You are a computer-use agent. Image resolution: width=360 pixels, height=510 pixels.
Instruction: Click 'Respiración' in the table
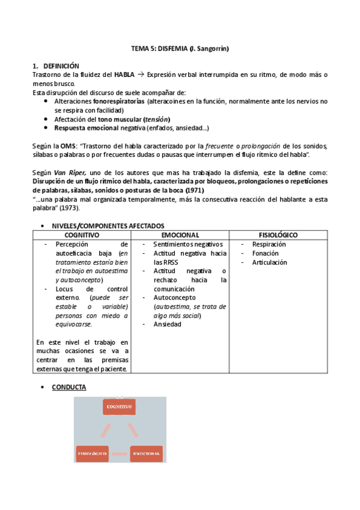[x=269, y=244]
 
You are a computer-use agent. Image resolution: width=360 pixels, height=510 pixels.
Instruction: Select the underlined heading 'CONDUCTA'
[x=70, y=387]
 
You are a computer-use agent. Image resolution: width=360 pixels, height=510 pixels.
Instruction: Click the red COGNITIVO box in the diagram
[x=120, y=407]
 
